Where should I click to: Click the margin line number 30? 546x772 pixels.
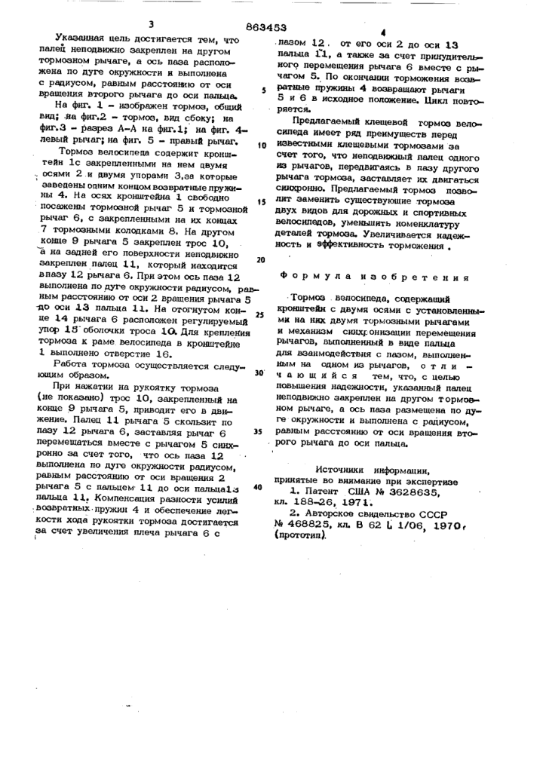tap(259, 372)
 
